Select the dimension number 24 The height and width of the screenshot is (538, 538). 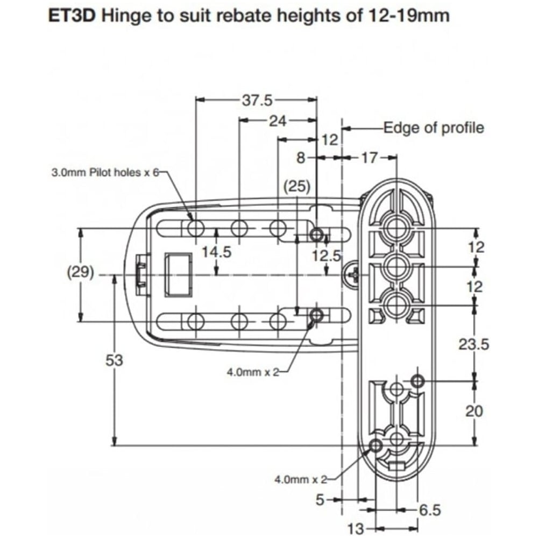click(x=278, y=121)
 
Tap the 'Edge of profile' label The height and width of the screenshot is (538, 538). click(x=433, y=128)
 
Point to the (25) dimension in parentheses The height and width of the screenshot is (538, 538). click(x=297, y=187)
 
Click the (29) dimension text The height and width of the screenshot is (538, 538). click(x=80, y=273)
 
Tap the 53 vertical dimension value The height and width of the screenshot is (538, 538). click(x=114, y=360)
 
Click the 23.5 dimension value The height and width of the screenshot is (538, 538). click(x=473, y=344)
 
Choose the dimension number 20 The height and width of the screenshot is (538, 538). click(x=474, y=411)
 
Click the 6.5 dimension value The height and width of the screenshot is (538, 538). click(x=428, y=508)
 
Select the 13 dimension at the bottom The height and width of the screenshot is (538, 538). click(x=356, y=527)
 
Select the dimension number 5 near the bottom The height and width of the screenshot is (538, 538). click(x=320, y=500)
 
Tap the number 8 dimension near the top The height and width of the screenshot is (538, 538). click(x=301, y=158)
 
